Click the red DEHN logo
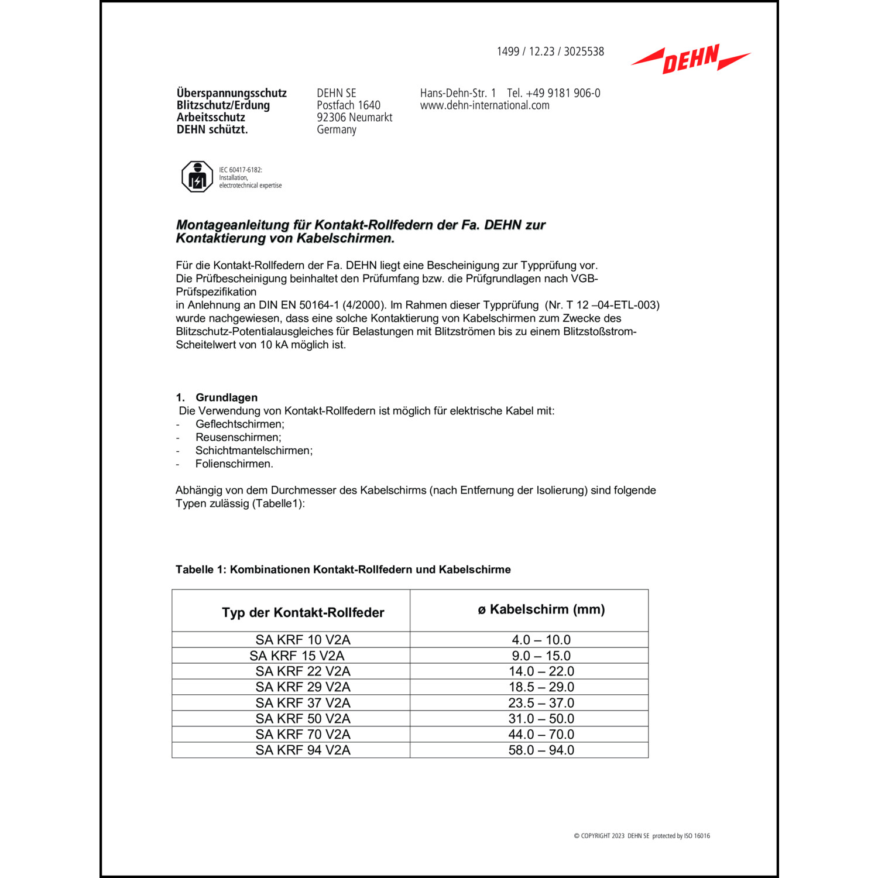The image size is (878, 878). coord(691,59)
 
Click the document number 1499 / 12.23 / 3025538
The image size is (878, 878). coord(550,52)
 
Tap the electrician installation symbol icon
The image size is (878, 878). coord(197,177)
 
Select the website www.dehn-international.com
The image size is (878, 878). coord(485,105)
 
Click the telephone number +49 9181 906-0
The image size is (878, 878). coord(554,93)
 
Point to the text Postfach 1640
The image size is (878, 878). coord(348,105)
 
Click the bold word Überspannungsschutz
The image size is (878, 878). coord(232,93)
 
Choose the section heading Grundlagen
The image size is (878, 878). coord(226,397)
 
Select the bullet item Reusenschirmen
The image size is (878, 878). coord(238,437)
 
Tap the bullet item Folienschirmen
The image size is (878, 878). coord(234,464)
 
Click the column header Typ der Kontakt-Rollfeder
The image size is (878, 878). coord(303,612)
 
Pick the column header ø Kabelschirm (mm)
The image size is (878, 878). coord(541,609)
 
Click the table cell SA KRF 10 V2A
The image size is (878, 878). coord(303,640)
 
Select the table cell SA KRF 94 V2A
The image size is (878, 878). coord(303,750)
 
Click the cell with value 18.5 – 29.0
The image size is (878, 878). coord(541,687)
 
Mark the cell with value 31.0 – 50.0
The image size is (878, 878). coord(541,718)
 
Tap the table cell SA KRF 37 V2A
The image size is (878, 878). coord(303,702)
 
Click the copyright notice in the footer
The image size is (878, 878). coord(642,836)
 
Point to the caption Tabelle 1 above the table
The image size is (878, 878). coord(343,570)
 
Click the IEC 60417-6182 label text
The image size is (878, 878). coord(241,170)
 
